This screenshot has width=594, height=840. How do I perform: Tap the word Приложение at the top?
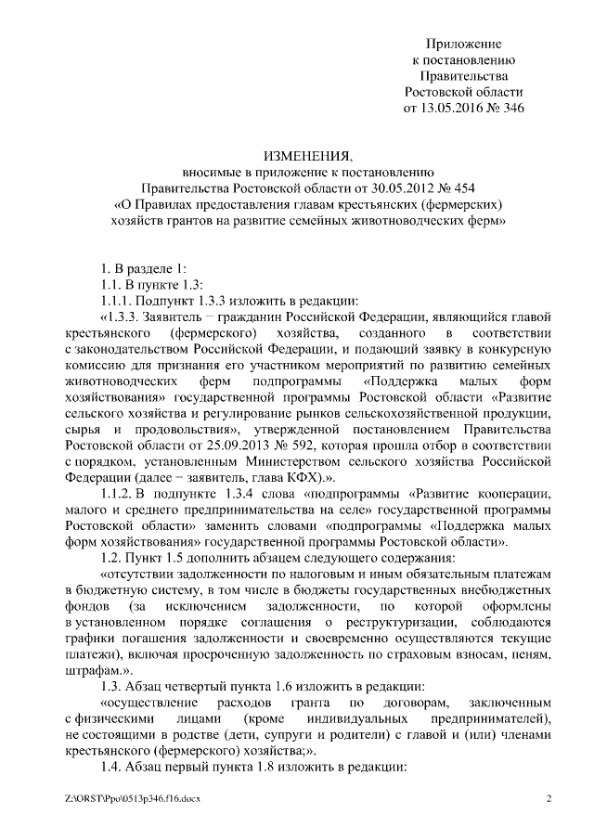coord(463,43)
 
